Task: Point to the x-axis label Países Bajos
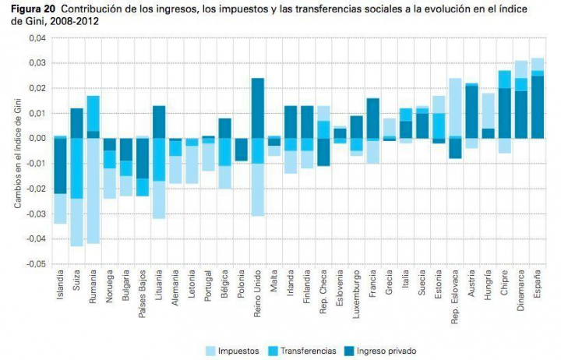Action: click(x=142, y=295)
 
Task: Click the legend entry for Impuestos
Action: click(x=234, y=350)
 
